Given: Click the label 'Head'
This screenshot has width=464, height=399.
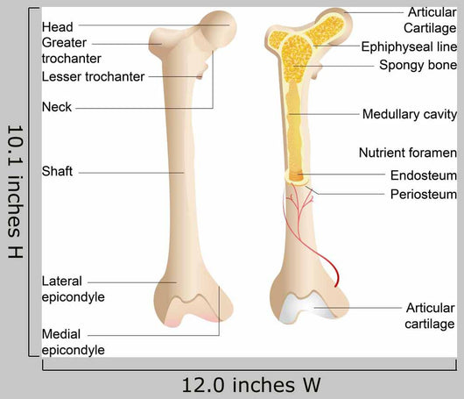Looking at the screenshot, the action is click(57, 27).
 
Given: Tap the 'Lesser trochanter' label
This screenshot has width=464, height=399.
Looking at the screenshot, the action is click(93, 76).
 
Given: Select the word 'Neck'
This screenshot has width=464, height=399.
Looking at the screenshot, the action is click(57, 107).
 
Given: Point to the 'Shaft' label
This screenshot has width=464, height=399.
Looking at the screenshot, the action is click(57, 171).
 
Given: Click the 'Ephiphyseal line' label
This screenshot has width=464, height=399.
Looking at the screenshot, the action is click(409, 46).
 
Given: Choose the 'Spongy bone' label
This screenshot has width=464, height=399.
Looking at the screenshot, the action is click(418, 65).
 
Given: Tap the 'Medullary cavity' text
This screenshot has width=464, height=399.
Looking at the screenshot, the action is click(410, 114).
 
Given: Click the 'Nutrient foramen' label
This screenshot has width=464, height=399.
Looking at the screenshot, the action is click(408, 153).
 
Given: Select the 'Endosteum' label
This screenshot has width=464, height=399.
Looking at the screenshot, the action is click(424, 175).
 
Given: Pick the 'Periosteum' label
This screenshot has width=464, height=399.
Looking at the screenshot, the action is click(424, 194).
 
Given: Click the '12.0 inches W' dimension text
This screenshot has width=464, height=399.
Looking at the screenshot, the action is click(251, 385).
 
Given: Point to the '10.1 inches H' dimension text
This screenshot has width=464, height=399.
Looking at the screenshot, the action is click(15, 191).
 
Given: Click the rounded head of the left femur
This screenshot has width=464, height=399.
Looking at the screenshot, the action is click(218, 29).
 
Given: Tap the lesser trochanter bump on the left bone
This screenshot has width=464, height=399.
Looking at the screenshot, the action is click(204, 71).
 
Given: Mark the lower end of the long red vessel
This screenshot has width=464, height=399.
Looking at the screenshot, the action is click(335, 287).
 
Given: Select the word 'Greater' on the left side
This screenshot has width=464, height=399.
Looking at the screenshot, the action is click(64, 43).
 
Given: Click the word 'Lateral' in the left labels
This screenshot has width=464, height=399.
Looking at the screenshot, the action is click(61, 281).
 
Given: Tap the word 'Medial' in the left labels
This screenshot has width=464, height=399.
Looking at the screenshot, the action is click(61, 334).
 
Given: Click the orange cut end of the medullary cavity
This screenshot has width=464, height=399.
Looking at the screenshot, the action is click(297, 176).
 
